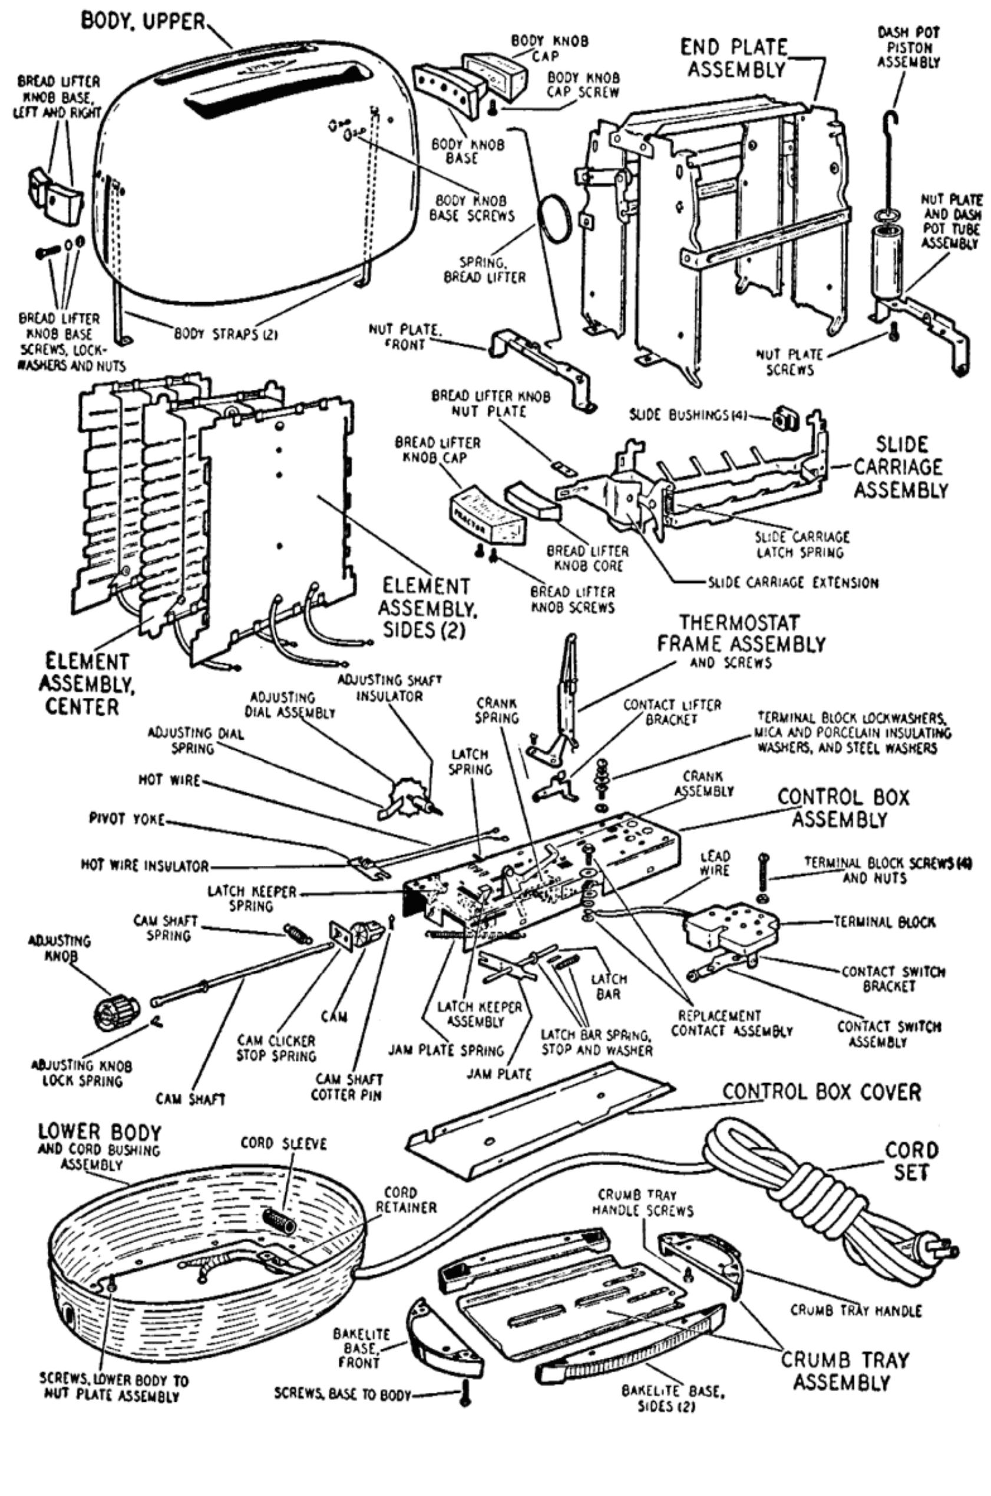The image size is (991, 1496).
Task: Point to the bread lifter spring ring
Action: (x=554, y=218)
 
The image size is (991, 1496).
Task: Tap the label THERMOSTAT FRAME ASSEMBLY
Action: (x=741, y=634)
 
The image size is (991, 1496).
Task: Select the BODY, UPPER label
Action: (x=143, y=21)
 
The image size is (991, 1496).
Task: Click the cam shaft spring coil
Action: (x=296, y=932)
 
